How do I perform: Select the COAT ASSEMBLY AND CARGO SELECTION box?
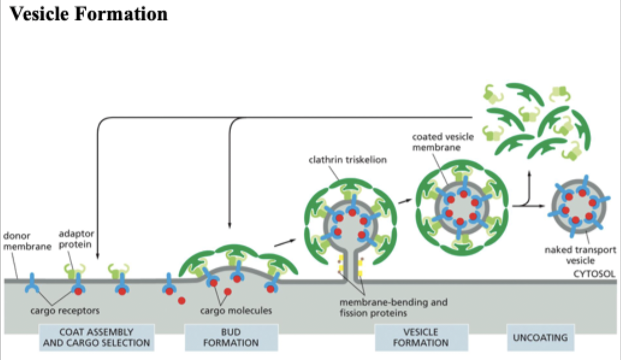click(96, 337)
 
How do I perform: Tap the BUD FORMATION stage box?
click(231, 337)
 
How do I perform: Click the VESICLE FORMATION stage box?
click(422, 337)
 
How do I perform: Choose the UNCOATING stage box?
click(540, 337)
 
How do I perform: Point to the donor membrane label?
click(25, 241)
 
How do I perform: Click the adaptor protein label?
click(76, 240)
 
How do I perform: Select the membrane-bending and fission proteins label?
click(394, 307)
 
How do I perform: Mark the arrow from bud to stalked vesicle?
click(285, 242)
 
